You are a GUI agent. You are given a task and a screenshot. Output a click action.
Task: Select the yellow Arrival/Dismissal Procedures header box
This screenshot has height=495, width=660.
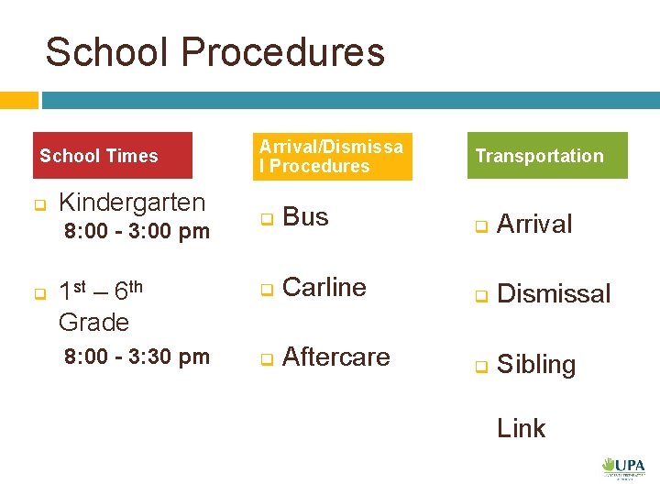331,156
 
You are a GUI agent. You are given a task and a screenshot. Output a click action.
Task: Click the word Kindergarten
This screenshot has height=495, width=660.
132,202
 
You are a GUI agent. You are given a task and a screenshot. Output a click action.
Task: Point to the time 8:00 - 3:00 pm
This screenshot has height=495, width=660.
137,231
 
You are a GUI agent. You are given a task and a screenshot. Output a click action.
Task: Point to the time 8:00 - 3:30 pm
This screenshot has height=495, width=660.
137,357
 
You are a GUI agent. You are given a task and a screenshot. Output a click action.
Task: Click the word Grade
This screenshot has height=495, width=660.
93,322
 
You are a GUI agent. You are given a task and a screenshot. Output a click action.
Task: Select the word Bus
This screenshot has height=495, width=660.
305,217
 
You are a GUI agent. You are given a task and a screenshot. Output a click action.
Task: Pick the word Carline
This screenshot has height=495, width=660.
324,287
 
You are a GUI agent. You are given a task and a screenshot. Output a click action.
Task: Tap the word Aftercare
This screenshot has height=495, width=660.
336,357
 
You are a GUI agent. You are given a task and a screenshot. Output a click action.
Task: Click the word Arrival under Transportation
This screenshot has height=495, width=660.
534,224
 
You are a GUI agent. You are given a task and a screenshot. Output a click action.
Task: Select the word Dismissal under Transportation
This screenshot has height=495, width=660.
554,294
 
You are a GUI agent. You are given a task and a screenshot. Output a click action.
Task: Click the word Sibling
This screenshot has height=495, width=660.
536,365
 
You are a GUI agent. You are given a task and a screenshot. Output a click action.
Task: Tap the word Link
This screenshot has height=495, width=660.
521,428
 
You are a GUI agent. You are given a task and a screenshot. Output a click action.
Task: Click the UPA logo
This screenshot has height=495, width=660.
623,467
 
